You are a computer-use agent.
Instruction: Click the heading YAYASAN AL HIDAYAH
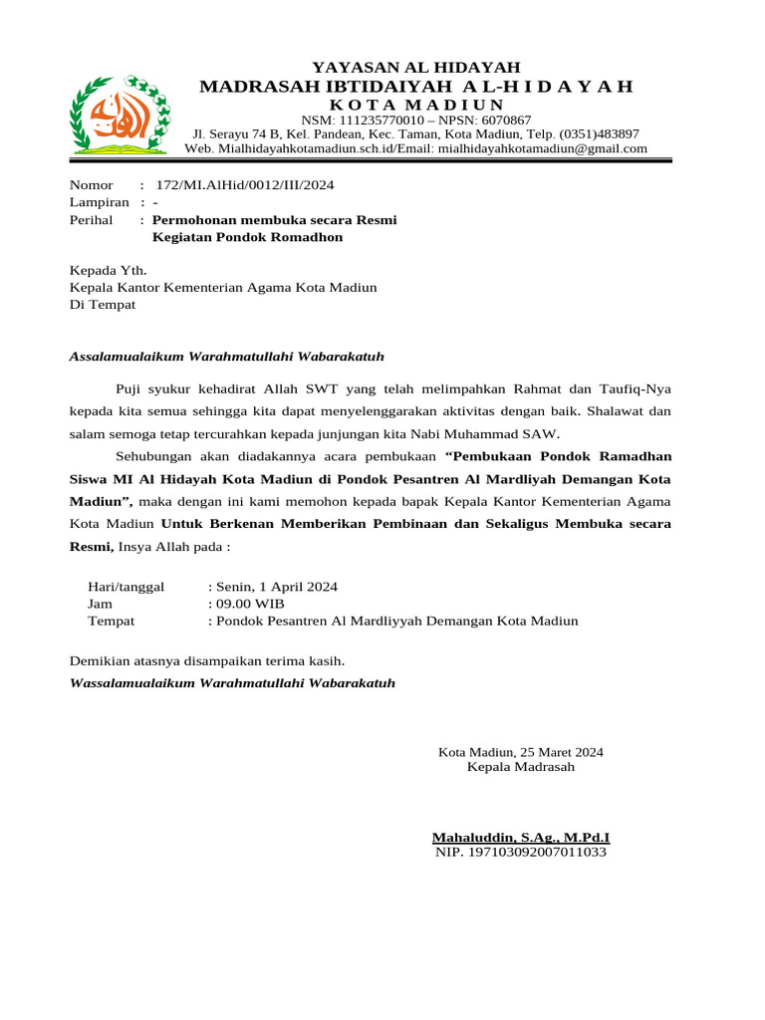tap(416, 67)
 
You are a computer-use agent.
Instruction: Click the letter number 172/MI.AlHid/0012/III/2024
tap(245, 185)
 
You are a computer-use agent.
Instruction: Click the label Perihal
tap(91, 219)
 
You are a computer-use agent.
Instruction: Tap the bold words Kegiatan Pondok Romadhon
tap(247, 237)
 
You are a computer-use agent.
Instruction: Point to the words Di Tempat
tap(102, 305)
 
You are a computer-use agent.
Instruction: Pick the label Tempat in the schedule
tap(112, 621)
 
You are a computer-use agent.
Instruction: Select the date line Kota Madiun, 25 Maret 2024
tap(521, 752)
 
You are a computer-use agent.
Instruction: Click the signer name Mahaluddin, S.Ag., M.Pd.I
tap(520, 838)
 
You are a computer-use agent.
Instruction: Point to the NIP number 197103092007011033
tap(521, 853)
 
